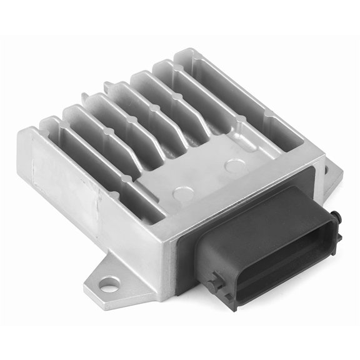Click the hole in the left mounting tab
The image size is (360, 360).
point(110,282)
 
